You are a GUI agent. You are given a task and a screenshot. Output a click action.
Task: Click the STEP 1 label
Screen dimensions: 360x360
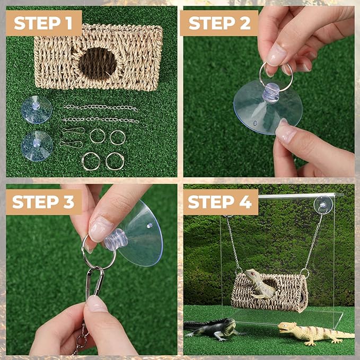pos(43,23)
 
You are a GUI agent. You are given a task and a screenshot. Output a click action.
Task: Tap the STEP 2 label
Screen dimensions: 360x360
pos(219,23)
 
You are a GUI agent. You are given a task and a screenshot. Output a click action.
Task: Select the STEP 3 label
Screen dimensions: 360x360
pos(43,202)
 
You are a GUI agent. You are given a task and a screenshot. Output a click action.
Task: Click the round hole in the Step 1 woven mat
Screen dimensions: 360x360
pos(98,64)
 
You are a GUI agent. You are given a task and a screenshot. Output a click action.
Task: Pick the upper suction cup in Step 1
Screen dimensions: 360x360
pos(37,110)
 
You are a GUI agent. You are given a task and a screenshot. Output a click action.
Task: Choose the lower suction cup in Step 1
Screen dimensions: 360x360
pos(37,146)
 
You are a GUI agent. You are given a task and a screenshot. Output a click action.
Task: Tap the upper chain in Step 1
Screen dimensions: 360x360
pos(101,108)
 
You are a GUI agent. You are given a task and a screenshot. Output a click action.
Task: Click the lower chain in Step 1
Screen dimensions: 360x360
pos(100,120)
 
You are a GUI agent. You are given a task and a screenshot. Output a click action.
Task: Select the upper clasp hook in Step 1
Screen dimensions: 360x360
pos(73,130)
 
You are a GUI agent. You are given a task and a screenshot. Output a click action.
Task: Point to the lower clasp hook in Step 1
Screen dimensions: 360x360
pos(71,144)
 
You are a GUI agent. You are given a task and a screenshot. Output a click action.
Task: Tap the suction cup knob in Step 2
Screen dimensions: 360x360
pos(271,93)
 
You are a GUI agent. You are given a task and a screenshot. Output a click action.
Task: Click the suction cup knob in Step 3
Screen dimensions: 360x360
pos(116,239)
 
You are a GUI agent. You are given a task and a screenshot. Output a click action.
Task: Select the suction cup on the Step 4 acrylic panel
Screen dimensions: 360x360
pos(323,205)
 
